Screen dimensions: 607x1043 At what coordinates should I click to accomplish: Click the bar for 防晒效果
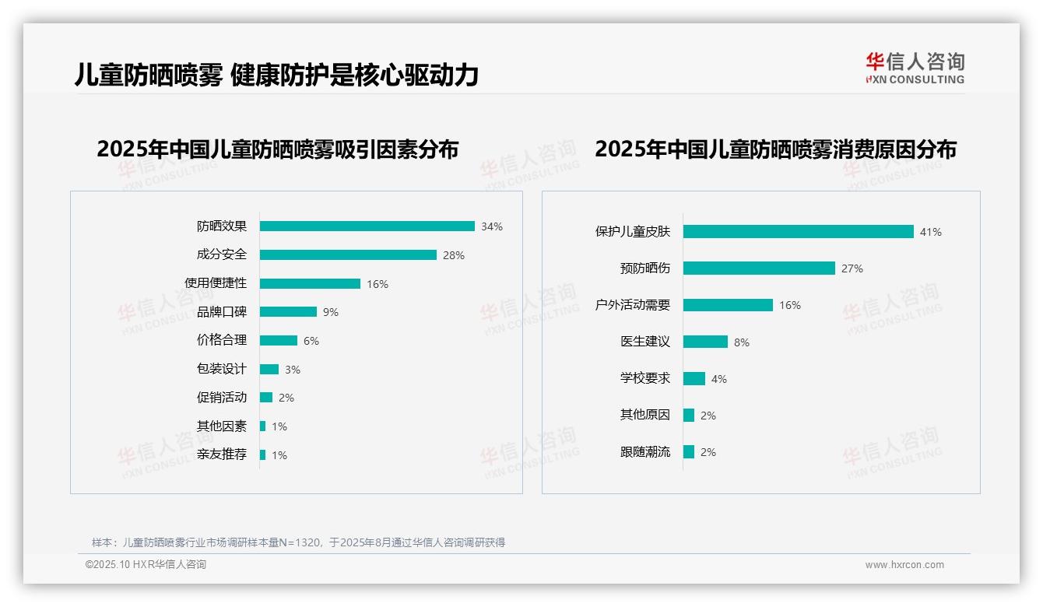coord(367,226)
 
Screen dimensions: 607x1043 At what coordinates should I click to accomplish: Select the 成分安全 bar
coord(348,255)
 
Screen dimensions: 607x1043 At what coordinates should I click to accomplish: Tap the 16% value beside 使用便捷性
coord(378,284)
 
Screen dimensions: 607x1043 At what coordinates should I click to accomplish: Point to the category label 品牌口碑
coord(222,312)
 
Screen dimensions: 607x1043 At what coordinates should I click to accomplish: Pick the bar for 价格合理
coord(279,341)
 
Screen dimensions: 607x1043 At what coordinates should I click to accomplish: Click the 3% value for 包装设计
coord(293,370)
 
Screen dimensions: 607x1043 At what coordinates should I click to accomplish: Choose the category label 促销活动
coord(222,398)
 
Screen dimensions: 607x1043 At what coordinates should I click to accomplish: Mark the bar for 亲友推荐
coord(263,455)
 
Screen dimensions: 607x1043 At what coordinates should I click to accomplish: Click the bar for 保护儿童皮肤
coord(798,232)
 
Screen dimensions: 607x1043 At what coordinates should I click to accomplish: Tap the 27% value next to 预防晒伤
coord(852,268)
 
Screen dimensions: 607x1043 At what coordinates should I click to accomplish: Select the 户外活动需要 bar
coord(728,305)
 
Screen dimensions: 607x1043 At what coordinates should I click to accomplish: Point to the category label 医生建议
coord(645,342)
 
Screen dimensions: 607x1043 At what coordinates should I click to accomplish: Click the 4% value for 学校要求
coord(719,379)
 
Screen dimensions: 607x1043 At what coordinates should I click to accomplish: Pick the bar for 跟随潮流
coord(689,452)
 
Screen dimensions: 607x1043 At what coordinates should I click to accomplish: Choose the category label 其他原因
coord(645,416)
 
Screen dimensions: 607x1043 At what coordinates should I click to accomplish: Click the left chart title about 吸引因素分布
coord(278,149)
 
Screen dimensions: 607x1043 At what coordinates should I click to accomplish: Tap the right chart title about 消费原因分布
coord(776,149)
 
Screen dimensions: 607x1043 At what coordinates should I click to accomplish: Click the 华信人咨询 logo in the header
coord(915,68)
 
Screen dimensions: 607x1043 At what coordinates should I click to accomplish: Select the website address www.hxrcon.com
coord(904,565)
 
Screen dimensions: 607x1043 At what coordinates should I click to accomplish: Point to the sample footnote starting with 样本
coord(298,542)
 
